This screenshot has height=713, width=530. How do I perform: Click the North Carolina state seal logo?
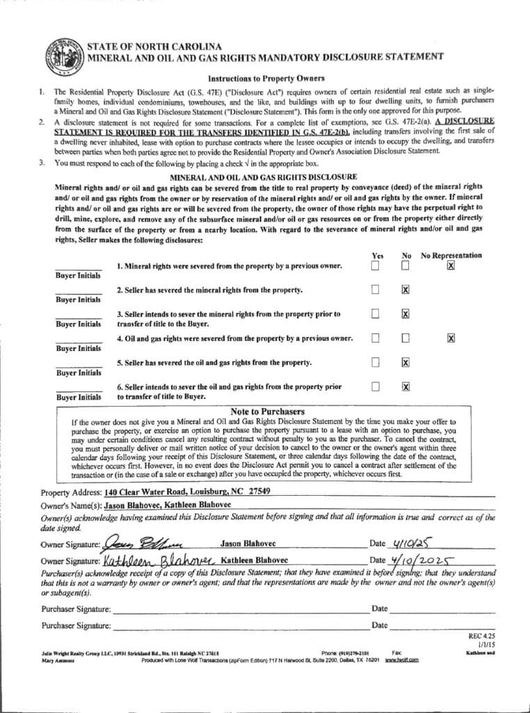pyautogui.click(x=64, y=56)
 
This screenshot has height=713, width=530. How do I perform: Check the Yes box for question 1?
pyautogui.click(x=375, y=265)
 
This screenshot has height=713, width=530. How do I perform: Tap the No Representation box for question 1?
pyautogui.click(x=451, y=265)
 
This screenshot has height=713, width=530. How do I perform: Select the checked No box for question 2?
pyautogui.click(x=405, y=290)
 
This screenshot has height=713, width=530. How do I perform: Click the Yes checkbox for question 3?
pyautogui.click(x=375, y=314)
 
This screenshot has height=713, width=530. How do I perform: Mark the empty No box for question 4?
pyautogui.click(x=405, y=338)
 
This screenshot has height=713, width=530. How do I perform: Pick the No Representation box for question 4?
pyautogui.click(x=451, y=338)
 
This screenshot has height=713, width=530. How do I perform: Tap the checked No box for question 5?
pyautogui.click(x=405, y=362)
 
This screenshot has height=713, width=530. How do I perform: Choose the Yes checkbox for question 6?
pyautogui.click(x=375, y=386)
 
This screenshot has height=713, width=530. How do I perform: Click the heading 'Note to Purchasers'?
pyautogui.click(x=267, y=412)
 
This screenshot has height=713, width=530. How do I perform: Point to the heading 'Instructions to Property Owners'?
pyautogui.click(x=266, y=78)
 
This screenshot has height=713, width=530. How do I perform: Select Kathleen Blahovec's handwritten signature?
pyautogui.click(x=159, y=560)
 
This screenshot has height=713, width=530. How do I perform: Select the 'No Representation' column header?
pyautogui.click(x=451, y=255)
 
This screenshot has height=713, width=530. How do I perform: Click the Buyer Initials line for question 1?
pyautogui.click(x=79, y=267)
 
